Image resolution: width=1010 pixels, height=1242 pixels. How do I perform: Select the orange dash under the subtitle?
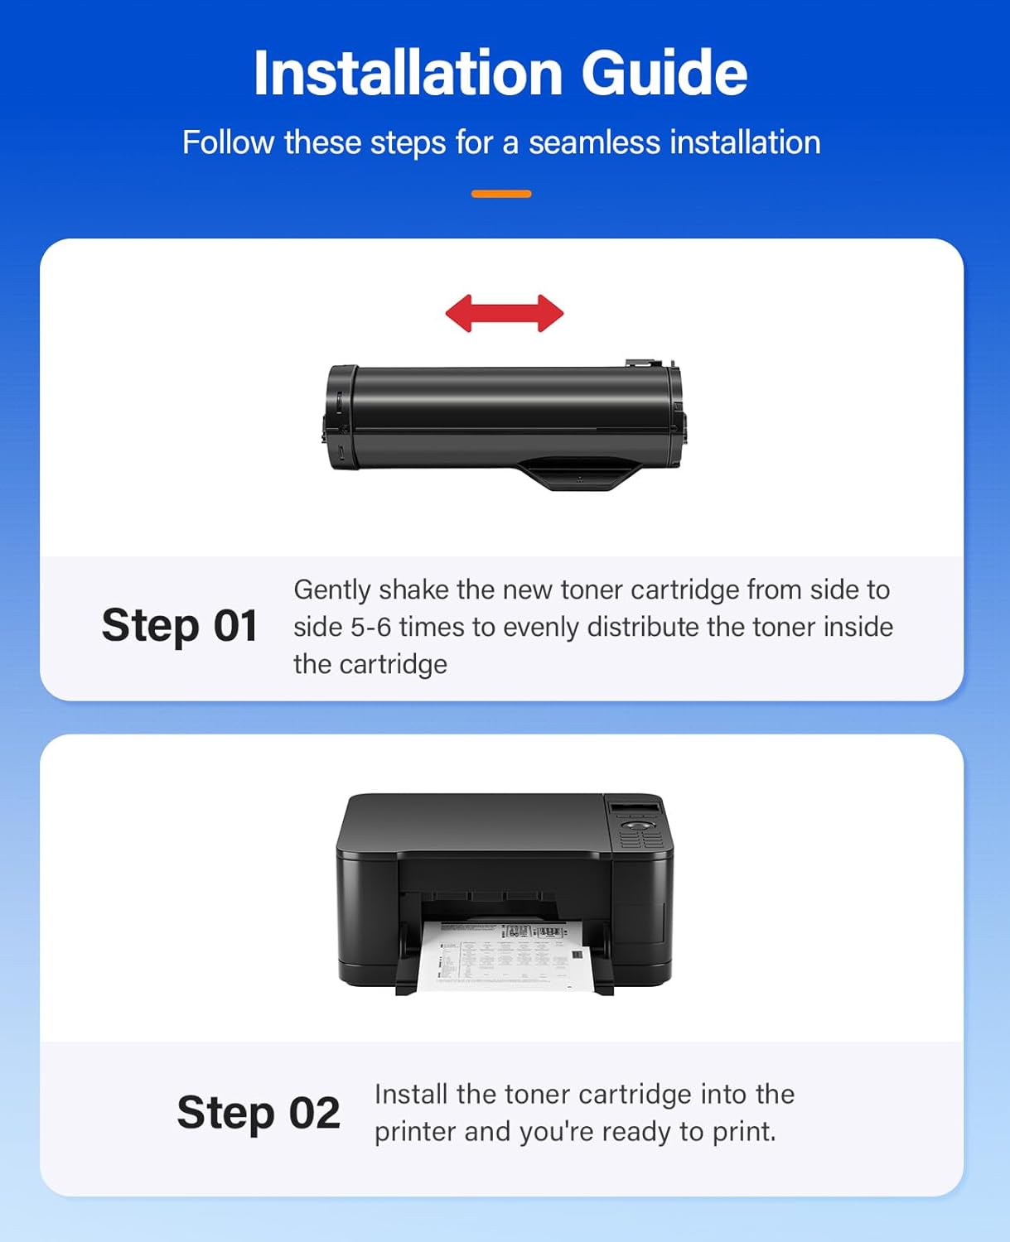click(501, 194)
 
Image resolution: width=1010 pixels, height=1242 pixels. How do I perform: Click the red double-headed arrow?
click(505, 314)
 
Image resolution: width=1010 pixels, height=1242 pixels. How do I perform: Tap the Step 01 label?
click(179, 625)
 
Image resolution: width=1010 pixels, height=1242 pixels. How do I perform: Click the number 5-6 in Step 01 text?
click(370, 627)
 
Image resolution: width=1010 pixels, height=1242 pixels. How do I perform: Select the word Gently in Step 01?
click(332, 590)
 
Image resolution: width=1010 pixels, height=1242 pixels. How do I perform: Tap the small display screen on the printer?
click(635, 807)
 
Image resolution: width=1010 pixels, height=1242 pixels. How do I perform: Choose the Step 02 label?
click(258, 1112)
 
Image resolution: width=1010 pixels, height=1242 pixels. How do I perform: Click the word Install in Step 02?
click(411, 1094)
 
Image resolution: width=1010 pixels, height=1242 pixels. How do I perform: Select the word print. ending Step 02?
click(744, 1131)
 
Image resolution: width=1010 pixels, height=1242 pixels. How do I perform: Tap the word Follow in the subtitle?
click(228, 142)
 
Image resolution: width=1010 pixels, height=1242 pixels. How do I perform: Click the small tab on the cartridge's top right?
click(643, 363)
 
